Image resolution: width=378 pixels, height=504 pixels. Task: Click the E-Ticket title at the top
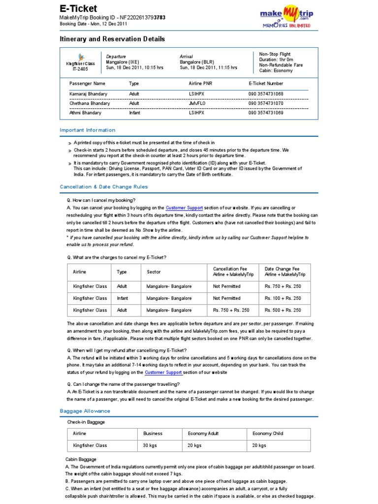tap(78, 8)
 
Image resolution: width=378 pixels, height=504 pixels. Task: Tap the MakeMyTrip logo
tap(286, 16)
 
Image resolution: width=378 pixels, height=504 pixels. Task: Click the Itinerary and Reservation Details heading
tap(112, 39)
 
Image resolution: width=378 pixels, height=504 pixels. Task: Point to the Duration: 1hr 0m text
tap(276, 59)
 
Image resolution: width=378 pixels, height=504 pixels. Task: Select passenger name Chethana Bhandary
tap(90, 103)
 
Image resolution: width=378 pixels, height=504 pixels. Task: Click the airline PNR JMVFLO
tap(197, 103)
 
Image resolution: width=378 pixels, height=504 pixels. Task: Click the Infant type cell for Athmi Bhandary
tap(134, 113)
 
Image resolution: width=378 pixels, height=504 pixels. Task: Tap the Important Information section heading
tap(88, 130)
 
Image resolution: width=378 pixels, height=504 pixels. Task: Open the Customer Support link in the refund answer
tap(162, 373)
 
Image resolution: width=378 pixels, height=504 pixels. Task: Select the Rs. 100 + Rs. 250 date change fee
tap(283, 298)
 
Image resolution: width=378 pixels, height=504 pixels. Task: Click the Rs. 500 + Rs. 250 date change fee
tap(283, 310)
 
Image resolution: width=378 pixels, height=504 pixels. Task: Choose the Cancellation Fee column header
tap(230, 272)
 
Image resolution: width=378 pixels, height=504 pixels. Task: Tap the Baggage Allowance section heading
tap(85, 411)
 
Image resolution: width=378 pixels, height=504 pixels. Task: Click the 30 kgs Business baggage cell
tap(150, 445)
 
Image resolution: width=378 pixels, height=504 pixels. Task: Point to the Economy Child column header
tap(268, 434)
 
